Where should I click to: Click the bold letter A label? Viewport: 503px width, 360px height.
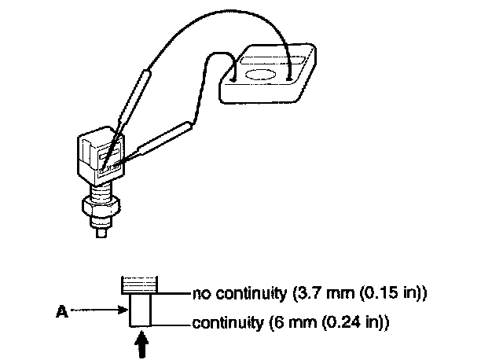coord(60,310)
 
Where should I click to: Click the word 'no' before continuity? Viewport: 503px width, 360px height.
coord(201,295)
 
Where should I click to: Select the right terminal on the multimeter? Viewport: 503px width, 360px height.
coord(291,76)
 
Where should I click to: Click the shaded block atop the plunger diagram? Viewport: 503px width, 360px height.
coord(140,283)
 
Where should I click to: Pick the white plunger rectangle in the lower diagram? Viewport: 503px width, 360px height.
coord(140,308)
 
